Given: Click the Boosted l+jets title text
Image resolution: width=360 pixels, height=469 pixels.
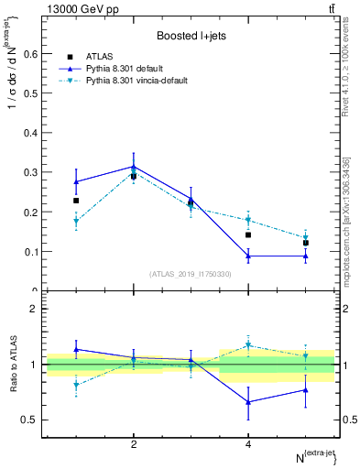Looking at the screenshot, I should [x=191, y=35].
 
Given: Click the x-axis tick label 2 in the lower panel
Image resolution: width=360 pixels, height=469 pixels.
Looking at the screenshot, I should [x=134, y=444].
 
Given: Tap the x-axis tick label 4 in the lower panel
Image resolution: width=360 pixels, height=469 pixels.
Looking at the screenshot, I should [x=248, y=444].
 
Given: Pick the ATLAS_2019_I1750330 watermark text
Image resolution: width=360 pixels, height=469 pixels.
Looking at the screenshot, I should [x=191, y=274].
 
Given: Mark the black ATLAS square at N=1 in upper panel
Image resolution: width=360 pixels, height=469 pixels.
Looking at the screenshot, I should [x=76, y=201].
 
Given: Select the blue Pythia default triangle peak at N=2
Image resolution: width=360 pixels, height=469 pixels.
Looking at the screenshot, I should [x=134, y=167].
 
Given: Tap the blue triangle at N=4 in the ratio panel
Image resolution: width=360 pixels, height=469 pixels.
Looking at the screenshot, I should [x=248, y=401].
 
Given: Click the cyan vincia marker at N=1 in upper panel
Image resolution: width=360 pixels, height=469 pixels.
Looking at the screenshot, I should [x=76, y=221].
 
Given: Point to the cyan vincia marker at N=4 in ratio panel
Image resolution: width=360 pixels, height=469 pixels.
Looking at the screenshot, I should [x=248, y=345].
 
